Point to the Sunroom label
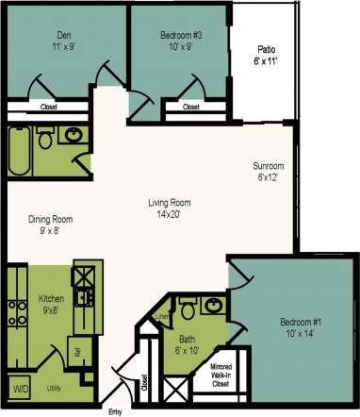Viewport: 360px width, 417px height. pos(269,172)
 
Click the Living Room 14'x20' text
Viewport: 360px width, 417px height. pos(171,208)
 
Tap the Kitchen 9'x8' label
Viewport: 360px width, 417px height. pos(50,304)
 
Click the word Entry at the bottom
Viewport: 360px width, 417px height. pos(115,410)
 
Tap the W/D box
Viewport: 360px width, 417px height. pos(20,387)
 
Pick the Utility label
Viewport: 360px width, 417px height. pos(55,387)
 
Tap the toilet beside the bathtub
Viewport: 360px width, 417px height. pos(44,140)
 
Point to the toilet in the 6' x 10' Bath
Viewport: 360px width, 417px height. pos(188,308)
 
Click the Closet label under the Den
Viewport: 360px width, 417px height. pos(47,108)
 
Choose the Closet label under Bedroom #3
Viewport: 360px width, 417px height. pos(190,108)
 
